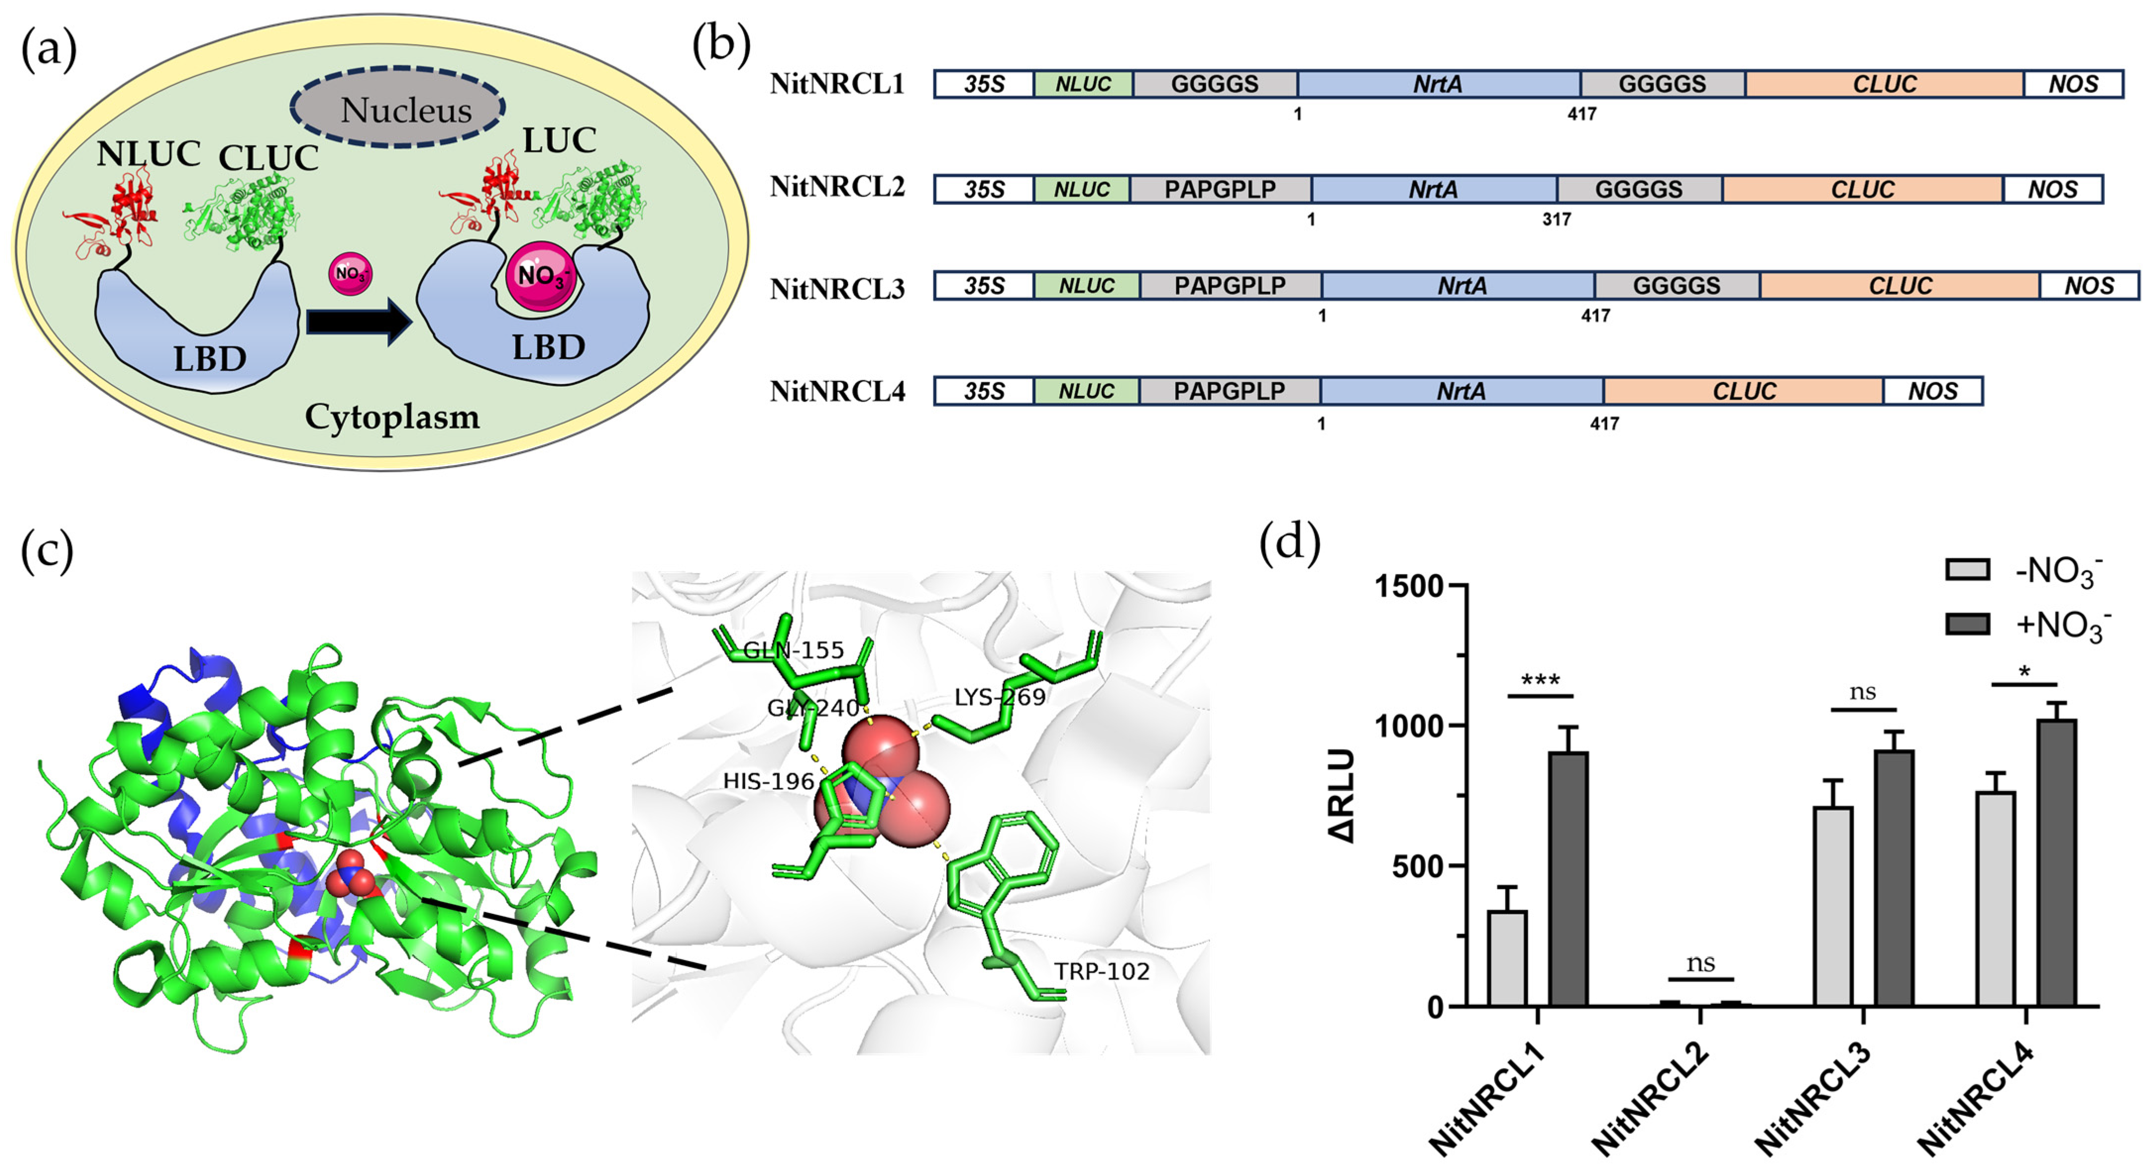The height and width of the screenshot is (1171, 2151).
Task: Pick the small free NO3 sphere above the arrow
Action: tap(350, 273)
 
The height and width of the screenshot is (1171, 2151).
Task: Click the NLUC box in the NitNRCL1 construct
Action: tap(1083, 84)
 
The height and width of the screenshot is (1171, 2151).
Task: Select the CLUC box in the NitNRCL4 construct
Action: tap(1743, 391)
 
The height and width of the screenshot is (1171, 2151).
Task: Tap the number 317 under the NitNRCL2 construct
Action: tap(1557, 219)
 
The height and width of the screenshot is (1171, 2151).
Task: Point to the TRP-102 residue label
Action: tap(1101, 971)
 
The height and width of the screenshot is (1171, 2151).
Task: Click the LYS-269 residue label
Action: tap(1000, 697)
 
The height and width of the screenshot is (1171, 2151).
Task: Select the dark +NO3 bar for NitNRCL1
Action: tap(1568, 878)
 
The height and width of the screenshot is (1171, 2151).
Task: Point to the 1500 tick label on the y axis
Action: tap(1409, 587)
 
